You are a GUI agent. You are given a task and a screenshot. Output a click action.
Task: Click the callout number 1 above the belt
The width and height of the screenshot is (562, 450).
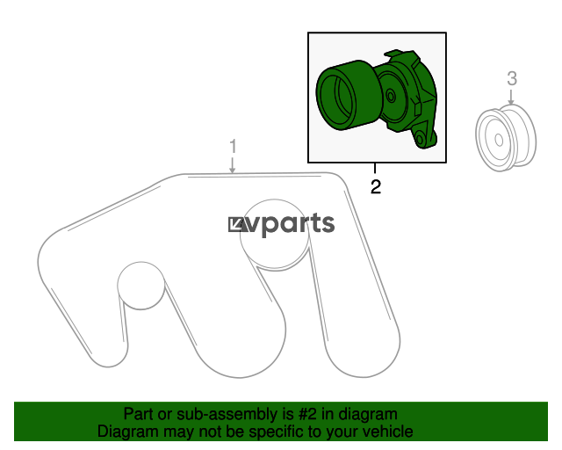tap(233, 147)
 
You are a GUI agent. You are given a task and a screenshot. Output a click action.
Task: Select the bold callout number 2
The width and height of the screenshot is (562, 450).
tap(376, 187)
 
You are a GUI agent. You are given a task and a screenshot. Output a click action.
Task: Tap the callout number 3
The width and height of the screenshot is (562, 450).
tap(512, 78)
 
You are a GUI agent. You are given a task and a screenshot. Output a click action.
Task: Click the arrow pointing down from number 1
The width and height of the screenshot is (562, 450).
tap(233, 165)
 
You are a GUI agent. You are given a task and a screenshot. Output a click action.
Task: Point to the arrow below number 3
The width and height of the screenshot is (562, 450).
tap(511, 97)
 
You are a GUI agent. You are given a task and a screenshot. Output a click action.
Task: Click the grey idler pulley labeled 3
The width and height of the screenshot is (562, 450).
tap(506, 138)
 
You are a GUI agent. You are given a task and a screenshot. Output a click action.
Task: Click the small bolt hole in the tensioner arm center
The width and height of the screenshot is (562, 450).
tap(391, 96)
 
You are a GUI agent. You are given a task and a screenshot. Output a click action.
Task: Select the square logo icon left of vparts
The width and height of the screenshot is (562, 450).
tap(237, 225)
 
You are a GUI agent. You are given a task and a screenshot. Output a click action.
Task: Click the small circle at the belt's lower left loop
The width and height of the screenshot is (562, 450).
tap(141, 286)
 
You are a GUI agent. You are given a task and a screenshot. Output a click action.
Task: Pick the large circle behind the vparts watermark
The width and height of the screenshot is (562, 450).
tap(275, 234)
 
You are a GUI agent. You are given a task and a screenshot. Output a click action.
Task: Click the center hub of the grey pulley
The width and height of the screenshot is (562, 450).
tap(499, 140)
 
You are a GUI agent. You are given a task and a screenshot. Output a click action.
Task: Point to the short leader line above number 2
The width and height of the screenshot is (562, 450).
tap(375, 168)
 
